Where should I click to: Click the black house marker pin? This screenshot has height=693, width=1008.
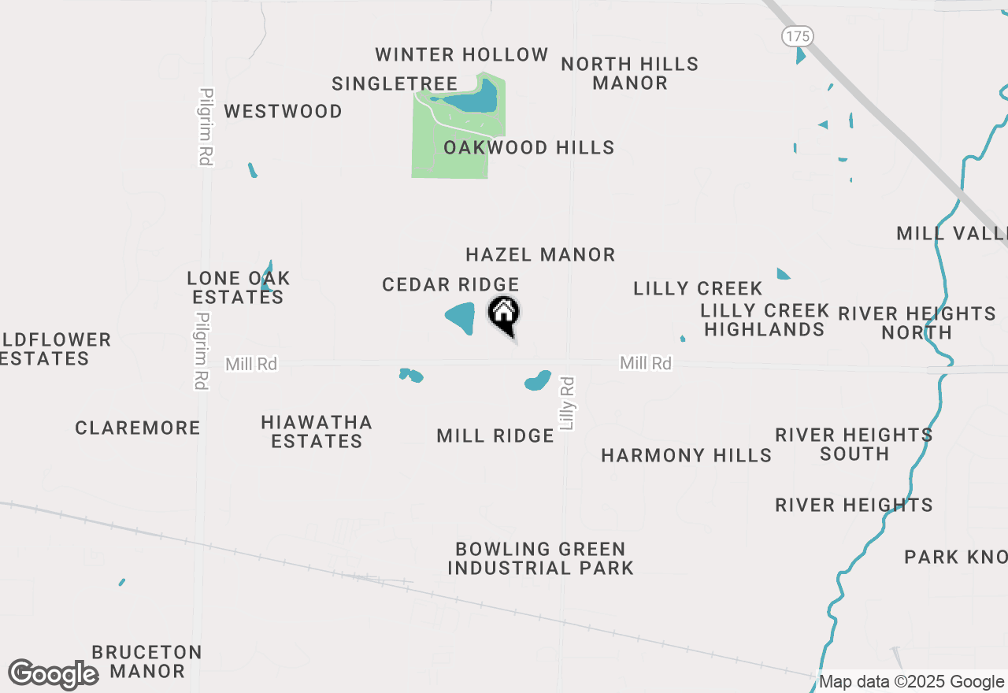pos(504,314)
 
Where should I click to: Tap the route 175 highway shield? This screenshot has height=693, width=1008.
pos(798,36)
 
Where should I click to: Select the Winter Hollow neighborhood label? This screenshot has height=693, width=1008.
pos(461,54)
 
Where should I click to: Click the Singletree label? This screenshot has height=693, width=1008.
pos(395,83)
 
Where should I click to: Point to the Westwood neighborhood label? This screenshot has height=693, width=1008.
pos(283,111)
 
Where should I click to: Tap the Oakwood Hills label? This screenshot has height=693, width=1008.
pos(528,147)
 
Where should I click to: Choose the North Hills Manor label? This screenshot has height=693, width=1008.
pos(629,73)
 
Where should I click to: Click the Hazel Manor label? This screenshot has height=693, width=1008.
pos(540,254)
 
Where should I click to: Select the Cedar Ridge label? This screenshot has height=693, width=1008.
pos(450,284)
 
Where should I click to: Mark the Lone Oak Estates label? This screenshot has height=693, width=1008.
pos(239,287)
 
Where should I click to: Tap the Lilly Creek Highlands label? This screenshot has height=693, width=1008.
pos(765,320)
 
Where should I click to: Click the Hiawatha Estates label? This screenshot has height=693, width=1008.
pos(317,432)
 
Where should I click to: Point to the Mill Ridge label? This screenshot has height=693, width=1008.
pos(495,435)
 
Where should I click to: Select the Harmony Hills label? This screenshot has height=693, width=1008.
pos(686,455)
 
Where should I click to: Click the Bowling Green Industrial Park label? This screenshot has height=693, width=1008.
pos(540,558)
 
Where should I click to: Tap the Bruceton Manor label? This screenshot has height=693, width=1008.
pos(147,661)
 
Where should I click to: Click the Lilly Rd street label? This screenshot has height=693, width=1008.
pos(568,403)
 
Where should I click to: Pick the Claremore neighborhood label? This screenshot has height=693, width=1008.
pos(138,428)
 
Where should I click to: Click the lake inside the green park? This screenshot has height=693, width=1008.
pos(472,99)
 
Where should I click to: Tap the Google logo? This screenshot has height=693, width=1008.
pos(53,675)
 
